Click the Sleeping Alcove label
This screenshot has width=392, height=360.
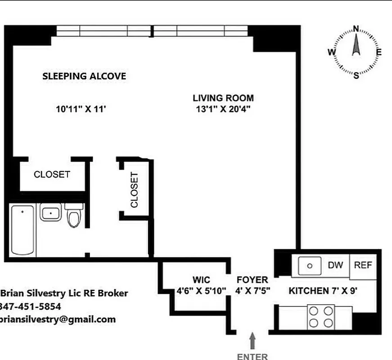pos(84,76)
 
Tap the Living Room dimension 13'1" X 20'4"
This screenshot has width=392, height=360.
pos(223,108)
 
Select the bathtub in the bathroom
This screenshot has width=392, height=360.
pos(23,230)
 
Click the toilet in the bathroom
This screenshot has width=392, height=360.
pos(73,216)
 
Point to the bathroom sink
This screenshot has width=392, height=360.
pos(50,212)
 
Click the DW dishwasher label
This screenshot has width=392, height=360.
pos(335,265)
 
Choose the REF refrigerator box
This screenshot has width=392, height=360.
pos(363,265)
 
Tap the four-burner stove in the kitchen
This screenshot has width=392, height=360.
pos(321,316)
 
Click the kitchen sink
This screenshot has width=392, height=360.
pos(310,265)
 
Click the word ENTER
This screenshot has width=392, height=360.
pos(252,356)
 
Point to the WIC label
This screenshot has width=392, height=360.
pos(201,280)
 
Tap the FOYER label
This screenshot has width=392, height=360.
pos(252,280)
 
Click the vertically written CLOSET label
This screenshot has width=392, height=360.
pos(135,189)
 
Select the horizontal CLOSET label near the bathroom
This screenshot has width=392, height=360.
pos(52,174)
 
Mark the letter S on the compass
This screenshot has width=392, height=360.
pos(356,75)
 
